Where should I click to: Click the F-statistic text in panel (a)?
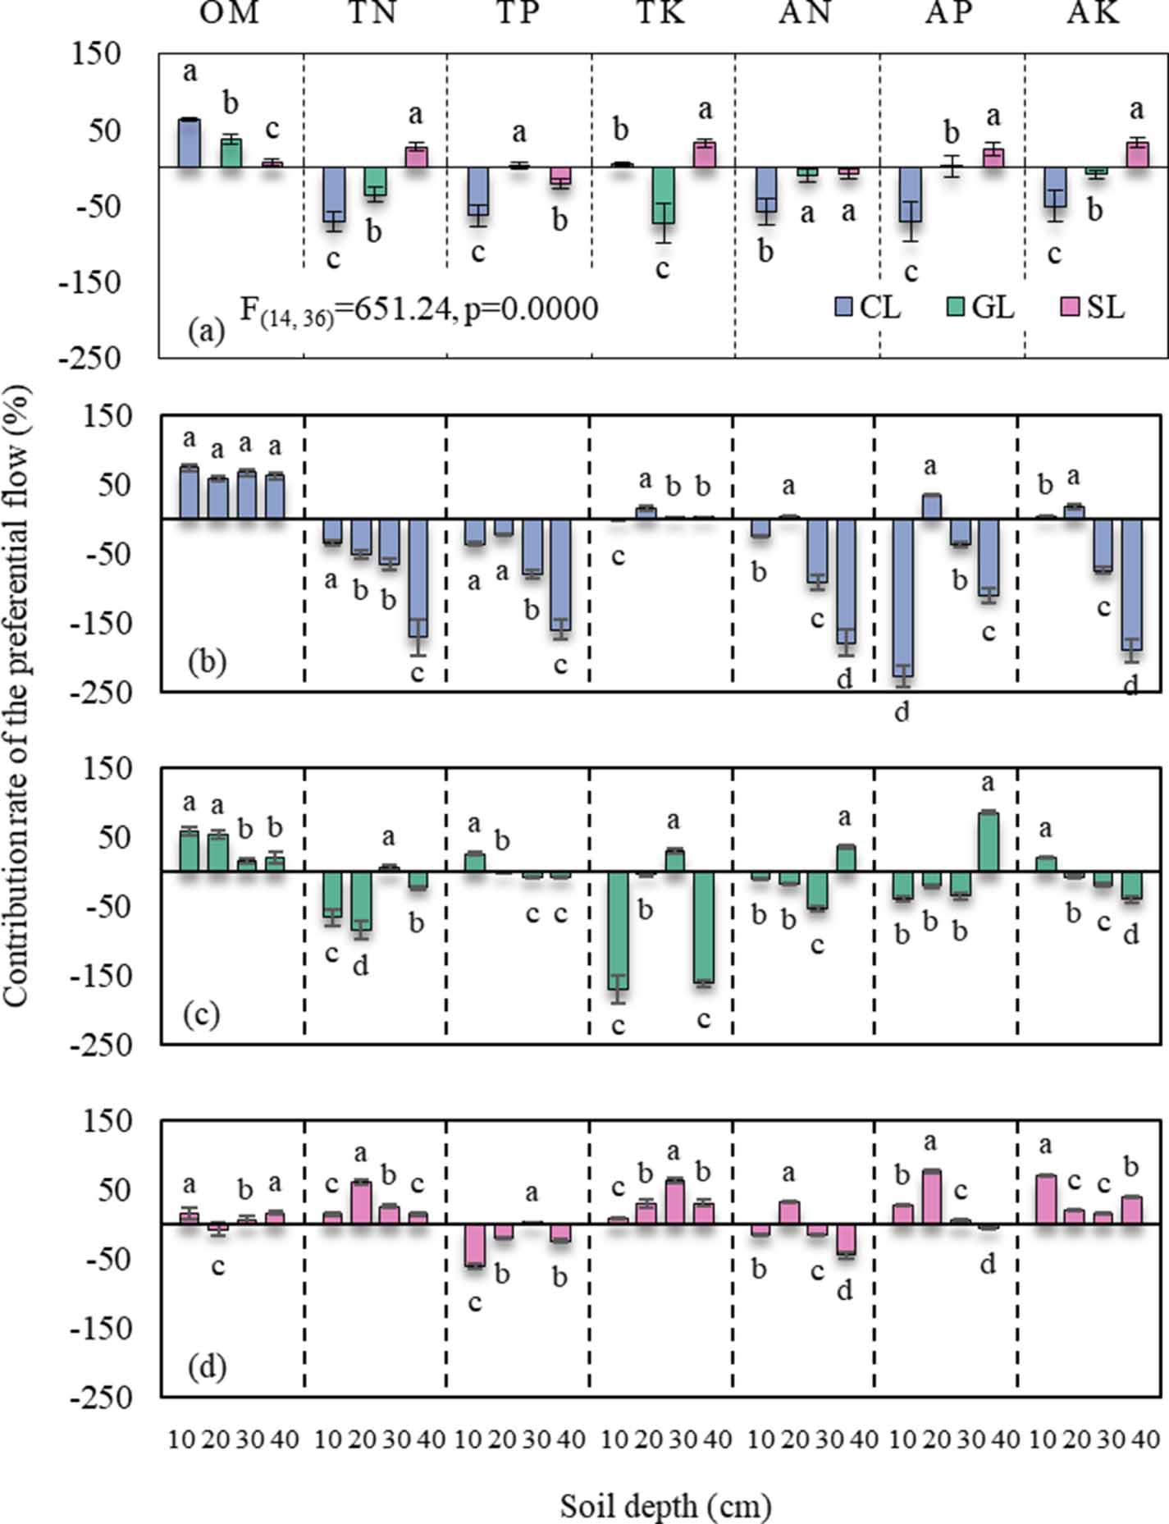(418, 310)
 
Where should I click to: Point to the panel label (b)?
(207, 661)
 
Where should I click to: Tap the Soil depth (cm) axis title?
(665, 1506)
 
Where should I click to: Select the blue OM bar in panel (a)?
(190, 144)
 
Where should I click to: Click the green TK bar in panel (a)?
(663, 195)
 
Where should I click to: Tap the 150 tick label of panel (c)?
(108, 769)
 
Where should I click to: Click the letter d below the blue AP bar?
(902, 712)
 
